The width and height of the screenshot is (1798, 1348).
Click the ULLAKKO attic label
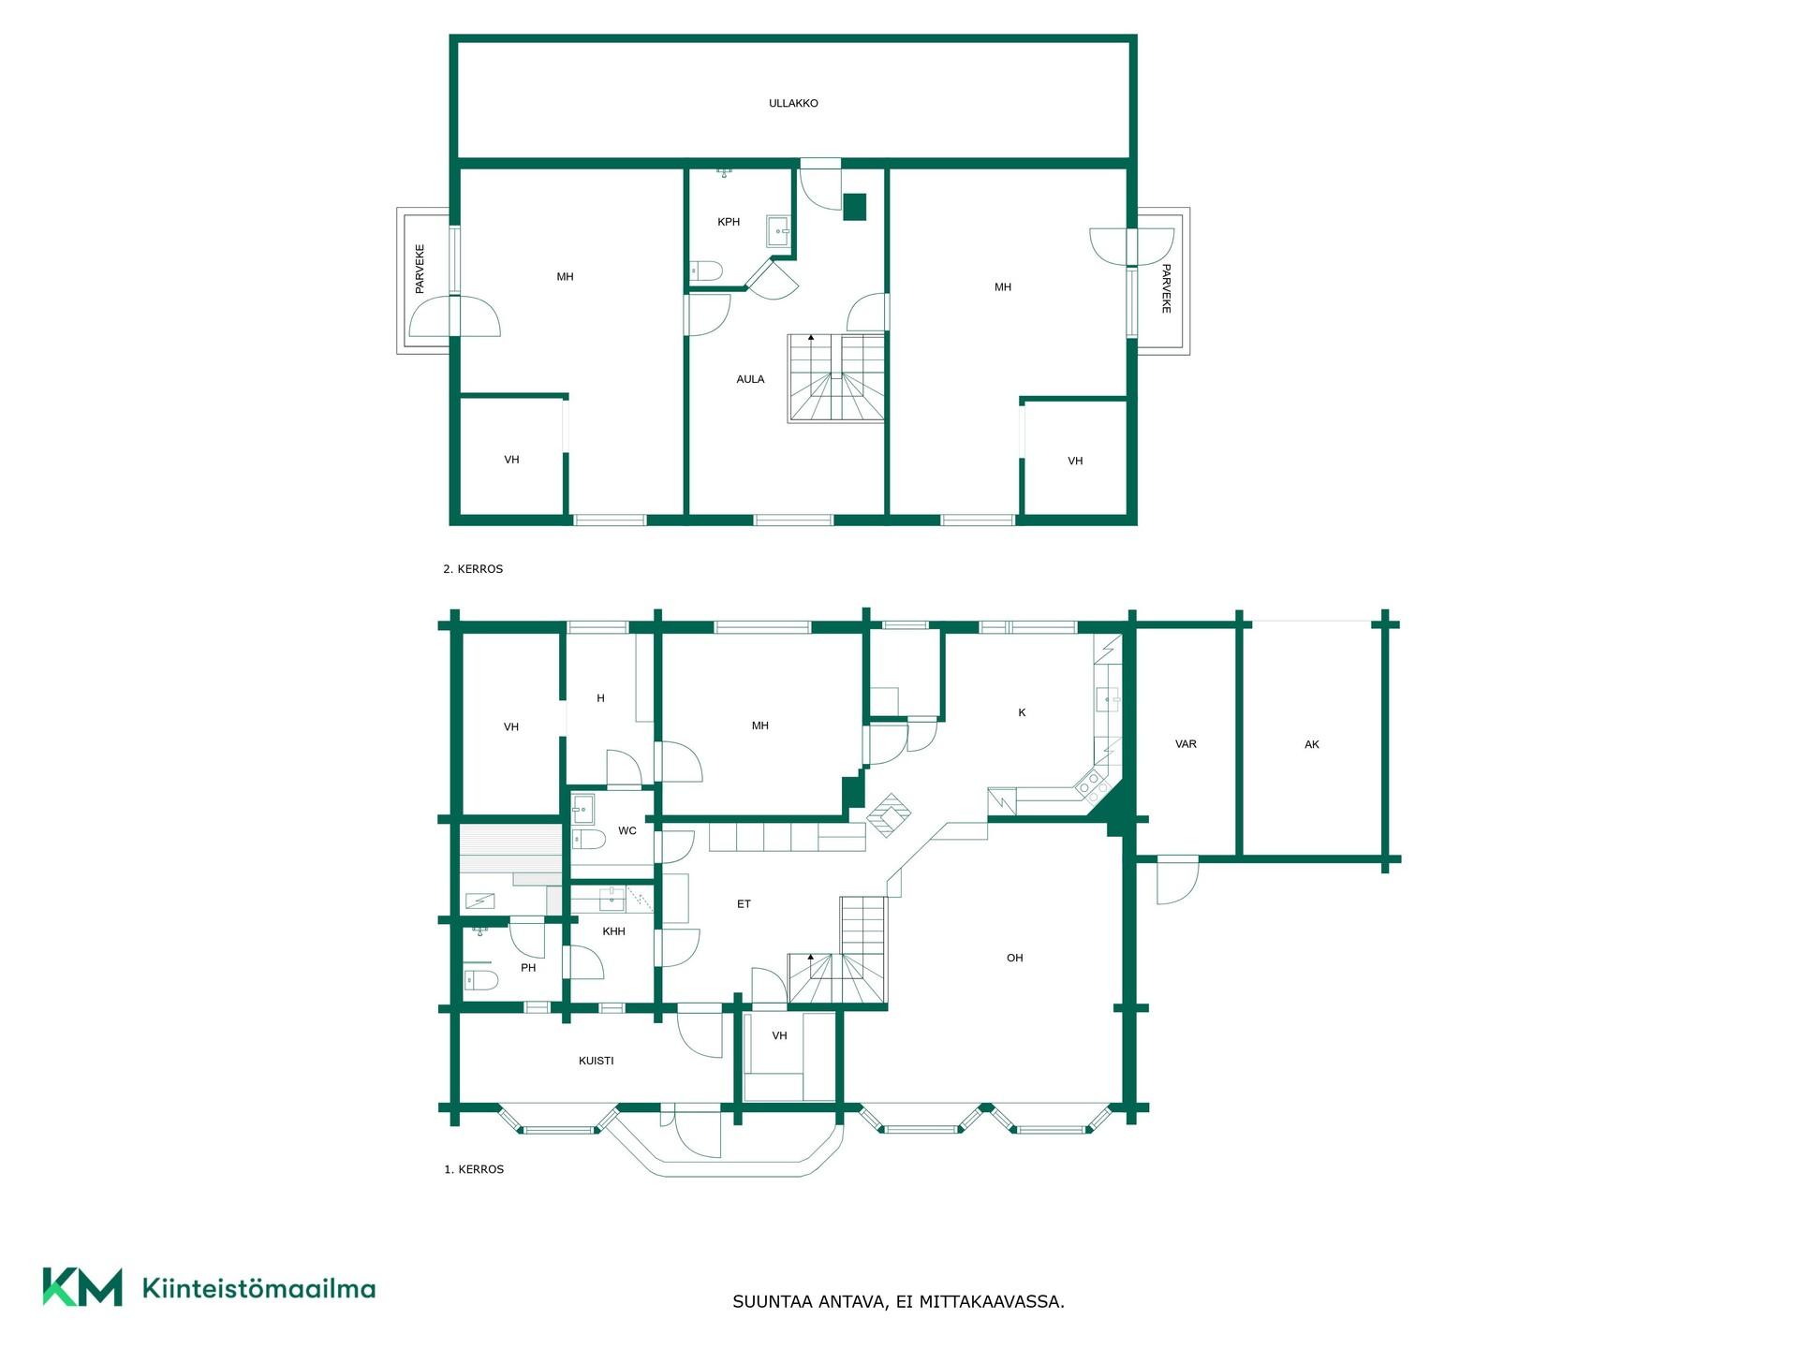pos(793,103)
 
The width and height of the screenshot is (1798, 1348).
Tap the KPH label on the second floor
pos(729,222)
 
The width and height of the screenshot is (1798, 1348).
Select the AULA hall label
pos(750,379)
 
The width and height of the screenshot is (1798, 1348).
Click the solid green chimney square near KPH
pos(855,207)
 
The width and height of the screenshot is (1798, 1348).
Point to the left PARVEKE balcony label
pos(420,269)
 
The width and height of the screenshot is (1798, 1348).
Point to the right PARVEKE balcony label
pos(1166,288)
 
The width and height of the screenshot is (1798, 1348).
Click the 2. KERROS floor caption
pos(473,568)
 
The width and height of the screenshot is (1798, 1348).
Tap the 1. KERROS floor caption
pos(474,1169)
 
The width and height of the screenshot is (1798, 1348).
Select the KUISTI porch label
pos(597,1061)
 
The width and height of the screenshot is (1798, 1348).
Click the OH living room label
pos(1015,958)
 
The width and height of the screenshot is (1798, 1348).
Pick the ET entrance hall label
pos(744,904)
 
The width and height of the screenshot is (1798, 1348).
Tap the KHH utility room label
pos(614,931)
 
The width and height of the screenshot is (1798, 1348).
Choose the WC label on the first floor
pos(627,830)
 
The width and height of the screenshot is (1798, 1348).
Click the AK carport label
pos(1312,744)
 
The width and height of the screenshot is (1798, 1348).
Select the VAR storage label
pos(1186,744)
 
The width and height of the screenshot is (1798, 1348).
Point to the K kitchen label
pos(1022,712)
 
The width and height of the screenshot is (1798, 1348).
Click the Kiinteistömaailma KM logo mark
pos(82,1287)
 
